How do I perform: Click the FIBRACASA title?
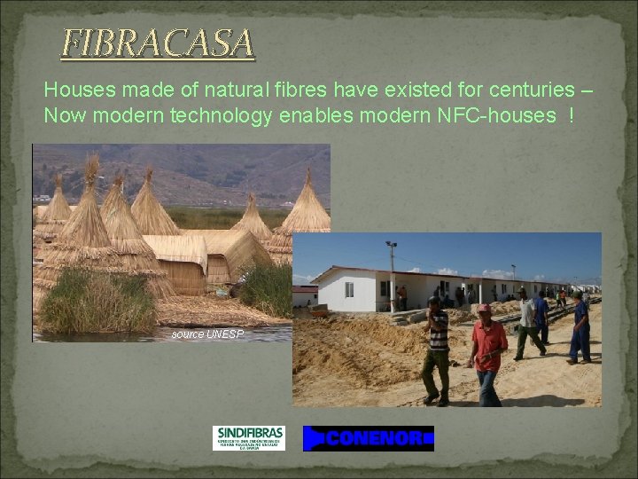(158, 43)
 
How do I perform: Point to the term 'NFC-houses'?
(501, 115)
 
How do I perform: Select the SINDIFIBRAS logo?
(248, 437)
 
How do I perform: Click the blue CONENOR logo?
(368, 438)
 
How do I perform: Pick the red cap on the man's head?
(483, 309)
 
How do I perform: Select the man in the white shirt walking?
(527, 324)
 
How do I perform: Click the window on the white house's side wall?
(349, 290)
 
